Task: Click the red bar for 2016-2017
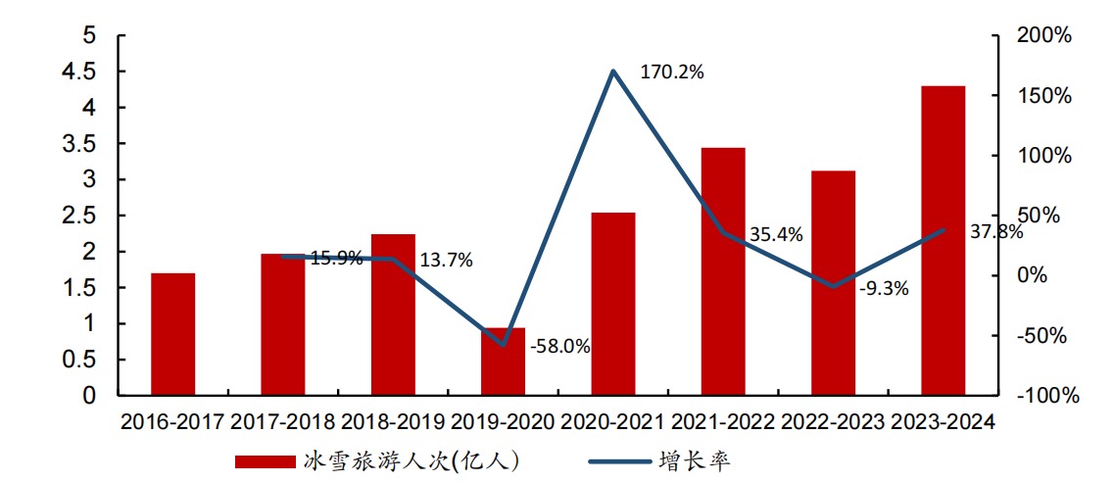(x=172, y=334)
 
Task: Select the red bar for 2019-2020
(x=503, y=361)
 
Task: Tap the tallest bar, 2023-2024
(x=943, y=241)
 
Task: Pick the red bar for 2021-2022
(x=723, y=271)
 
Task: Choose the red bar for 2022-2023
(x=833, y=283)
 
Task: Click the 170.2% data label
(x=672, y=72)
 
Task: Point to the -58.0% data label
(x=560, y=346)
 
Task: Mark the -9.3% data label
(x=884, y=288)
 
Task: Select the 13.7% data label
(x=446, y=261)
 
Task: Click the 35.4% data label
(x=776, y=234)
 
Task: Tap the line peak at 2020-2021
(x=613, y=72)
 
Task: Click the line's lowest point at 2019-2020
(x=504, y=345)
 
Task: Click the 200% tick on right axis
(x=1045, y=36)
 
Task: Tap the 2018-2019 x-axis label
(x=392, y=422)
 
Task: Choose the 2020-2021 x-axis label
(x=612, y=422)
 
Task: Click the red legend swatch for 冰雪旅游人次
(x=265, y=460)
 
